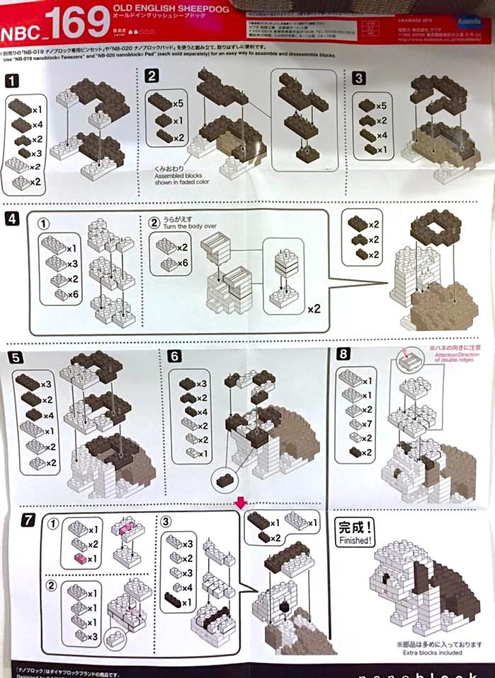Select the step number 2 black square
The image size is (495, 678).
click(152, 76)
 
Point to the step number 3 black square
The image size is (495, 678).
click(359, 78)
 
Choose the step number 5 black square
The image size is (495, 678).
click(12, 355)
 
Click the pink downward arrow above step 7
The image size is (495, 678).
click(241, 502)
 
